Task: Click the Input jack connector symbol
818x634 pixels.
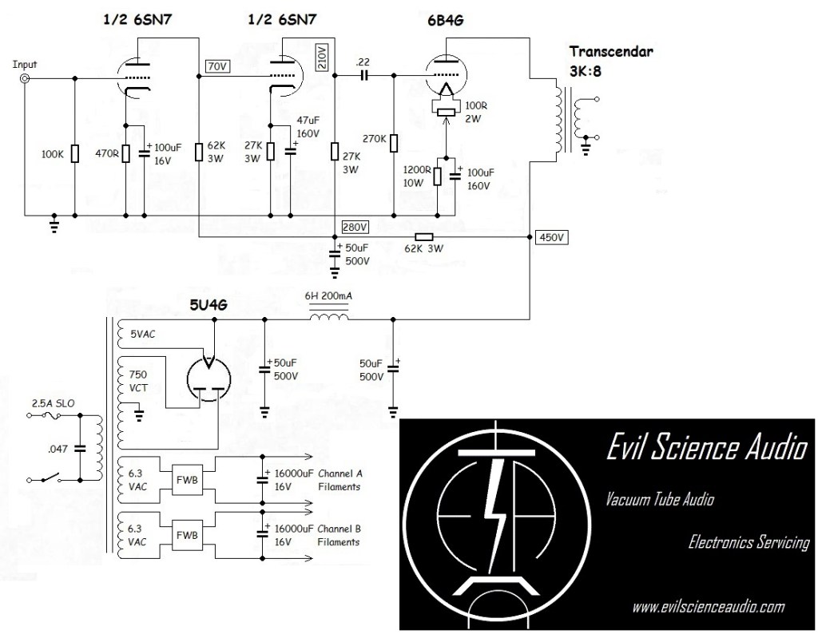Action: (25, 78)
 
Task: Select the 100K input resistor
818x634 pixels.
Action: (74, 153)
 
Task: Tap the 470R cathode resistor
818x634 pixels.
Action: (125, 153)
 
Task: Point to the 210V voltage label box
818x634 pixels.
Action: (322, 57)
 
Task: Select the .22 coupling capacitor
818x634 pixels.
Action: (364, 77)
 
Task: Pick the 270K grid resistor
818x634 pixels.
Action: (394, 142)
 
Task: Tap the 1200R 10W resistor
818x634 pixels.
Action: (437, 176)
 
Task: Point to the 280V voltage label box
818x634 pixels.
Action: (354, 225)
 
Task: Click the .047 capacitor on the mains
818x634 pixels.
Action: (79, 449)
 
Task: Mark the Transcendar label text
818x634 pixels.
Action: (611, 51)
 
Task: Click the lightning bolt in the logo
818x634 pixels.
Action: (499, 511)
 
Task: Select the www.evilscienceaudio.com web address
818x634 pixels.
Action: (708, 608)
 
